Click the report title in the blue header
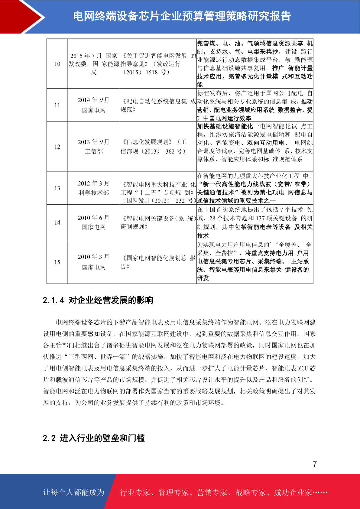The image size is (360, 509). [x=182, y=16]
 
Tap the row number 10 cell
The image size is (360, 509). [x=57, y=64]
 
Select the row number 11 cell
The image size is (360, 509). [x=57, y=105]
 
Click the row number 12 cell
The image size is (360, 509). [x=57, y=147]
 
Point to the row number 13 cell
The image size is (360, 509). [x=57, y=188]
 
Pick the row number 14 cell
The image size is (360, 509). [x=57, y=222]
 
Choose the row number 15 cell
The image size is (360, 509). [x=57, y=262]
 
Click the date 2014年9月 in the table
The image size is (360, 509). [x=94, y=100]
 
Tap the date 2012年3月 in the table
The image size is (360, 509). [x=94, y=183]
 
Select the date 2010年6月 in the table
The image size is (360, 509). [x=94, y=218]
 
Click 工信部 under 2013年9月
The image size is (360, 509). [x=94, y=151]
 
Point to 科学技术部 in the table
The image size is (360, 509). [x=94, y=193]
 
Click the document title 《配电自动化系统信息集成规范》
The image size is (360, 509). [x=158, y=105]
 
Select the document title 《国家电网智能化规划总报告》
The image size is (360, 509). [x=158, y=262]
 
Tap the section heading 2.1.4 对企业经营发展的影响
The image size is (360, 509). [x=98, y=300]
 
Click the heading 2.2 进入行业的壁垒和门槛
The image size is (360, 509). [x=94, y=438]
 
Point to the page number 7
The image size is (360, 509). [x=315, y=464]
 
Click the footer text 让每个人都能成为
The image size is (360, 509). [x=74, y=492]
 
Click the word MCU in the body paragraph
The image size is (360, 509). [x=303, y=368]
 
